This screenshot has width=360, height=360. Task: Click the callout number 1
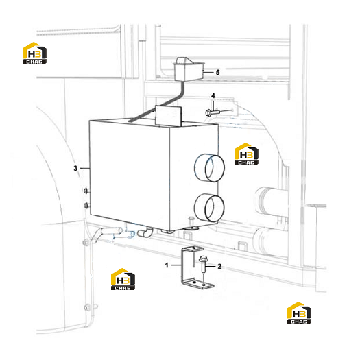(167, 265)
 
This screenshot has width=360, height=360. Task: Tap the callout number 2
(219, 266)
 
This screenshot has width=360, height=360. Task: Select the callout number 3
(75, 168)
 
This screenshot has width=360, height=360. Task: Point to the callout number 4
(213, 95)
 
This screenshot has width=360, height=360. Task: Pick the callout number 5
(217, 72)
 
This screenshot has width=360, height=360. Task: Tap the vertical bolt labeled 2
(203, 264)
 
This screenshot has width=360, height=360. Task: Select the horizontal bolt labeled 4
(213, 112)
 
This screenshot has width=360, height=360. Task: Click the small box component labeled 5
(189, 69)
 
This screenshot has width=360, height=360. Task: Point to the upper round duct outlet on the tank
(209, 168)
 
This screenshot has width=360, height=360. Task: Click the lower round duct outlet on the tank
(209, 208)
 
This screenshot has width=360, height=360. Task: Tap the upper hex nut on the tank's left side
(86, 191)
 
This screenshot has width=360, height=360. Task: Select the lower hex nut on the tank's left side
(86, 206)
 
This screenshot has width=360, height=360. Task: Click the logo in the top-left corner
(35, 53)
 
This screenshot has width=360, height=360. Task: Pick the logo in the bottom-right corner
(300, 313)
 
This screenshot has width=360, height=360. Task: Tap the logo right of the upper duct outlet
(246, 154)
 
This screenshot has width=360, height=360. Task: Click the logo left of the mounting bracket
(123, 279)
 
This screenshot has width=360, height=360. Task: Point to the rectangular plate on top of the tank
(168, 116)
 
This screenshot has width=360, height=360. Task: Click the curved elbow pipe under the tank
(145, 232)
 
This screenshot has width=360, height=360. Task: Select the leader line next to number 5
(208, 72)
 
